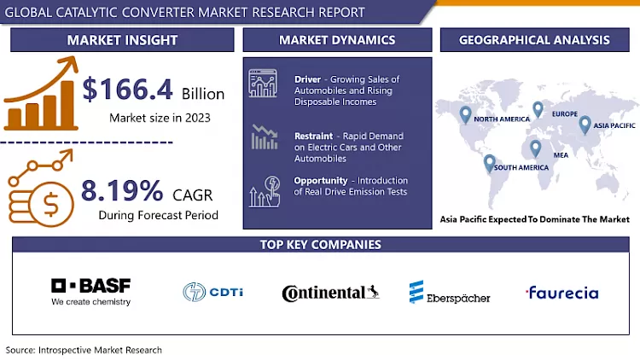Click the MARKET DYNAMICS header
[x=337, y=39]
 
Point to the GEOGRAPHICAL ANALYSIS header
[x=534, y=39]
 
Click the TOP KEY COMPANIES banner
[x=320, y=245]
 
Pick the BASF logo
[x=91, y=290]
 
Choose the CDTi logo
[x=213, y=292]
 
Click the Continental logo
[x=330, y=293]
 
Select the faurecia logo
[x=562, y=293]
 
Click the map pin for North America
[x=465, y=114]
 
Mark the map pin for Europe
[x=538, y=108]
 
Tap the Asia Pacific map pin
[x=585, y=125]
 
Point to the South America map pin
[x=489, y=162]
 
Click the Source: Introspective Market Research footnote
[x=84, y=350]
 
